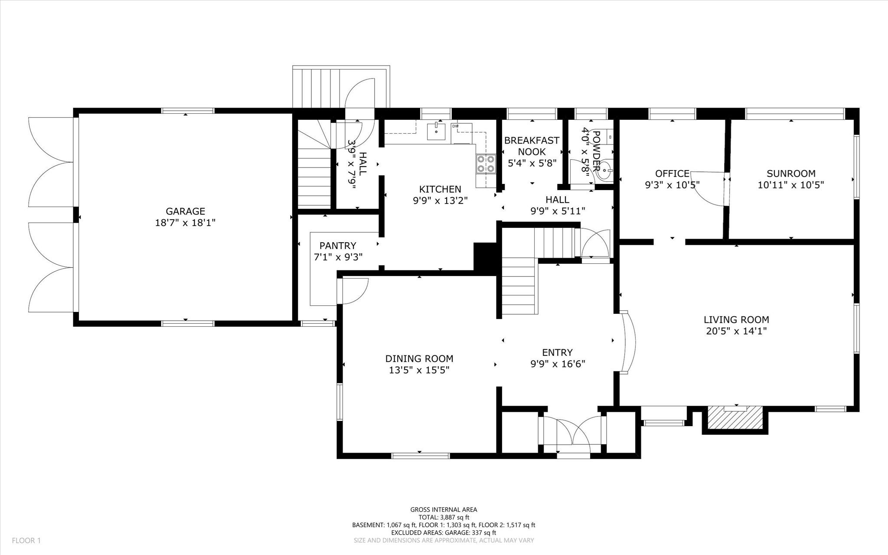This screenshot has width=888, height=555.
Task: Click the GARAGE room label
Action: click(x=185, y=211)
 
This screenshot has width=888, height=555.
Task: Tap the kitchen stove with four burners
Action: click(x=486, y=164)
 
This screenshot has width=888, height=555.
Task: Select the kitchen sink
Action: click(x=436, y=131)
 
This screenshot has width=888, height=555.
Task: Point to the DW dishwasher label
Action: click(x=455, y=126)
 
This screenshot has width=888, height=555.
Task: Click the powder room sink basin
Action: click(x=604, y=173)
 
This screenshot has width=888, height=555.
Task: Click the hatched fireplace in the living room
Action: click(x=735, y=417)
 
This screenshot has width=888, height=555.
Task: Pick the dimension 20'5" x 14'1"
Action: click(x=736, y=332)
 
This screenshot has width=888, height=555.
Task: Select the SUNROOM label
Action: click(x=791, y=174)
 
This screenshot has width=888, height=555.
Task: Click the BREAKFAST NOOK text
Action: click(x=532, y=146)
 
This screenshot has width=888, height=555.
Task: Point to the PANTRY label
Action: click(x=338, y=246)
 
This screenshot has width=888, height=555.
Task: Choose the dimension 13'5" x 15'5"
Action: click(x=419, y=370)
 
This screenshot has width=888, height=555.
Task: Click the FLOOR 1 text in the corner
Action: click(x=26, y=541)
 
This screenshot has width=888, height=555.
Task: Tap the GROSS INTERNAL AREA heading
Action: click(x=444, y=510)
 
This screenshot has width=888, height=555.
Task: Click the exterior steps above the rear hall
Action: click(x=319, y=87)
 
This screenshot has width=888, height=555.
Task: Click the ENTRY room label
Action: click(x=557, y=352)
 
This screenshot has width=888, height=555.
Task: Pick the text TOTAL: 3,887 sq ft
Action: click(x=444, y=517)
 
